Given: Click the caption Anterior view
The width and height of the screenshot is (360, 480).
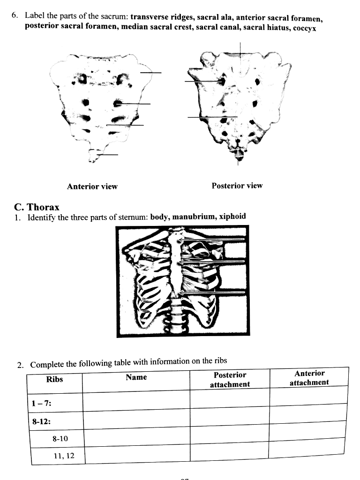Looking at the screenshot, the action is [x=92, y=187].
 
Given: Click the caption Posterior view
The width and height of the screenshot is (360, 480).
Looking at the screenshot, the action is [x=237, y=186].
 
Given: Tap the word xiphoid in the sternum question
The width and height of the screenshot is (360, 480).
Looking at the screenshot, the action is [x=232, y=217].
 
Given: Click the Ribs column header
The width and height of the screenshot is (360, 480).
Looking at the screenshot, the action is [x=54, y=379].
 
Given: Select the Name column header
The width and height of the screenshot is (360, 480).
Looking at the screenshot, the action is [x=136, y=377].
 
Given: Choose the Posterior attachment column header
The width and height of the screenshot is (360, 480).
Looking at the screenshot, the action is [x=230, y=380].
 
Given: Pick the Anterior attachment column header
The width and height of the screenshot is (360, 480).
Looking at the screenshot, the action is [x=309, y=378].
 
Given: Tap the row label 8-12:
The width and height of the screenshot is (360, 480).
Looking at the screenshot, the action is [x=41, y=421].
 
